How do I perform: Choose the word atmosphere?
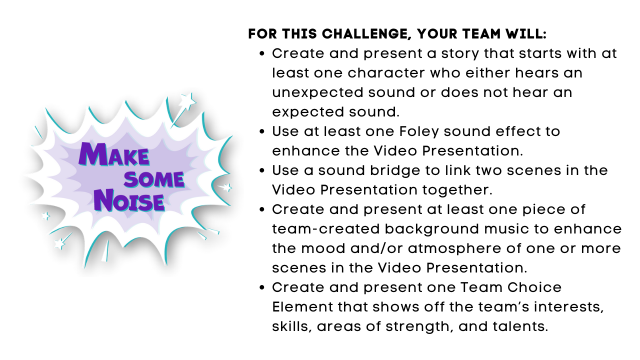(x=479, y=248)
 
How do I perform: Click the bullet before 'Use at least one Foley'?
(x=262, y=131)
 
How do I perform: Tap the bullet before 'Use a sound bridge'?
(x=262, y=170)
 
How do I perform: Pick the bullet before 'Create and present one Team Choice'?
(x=262, y=287)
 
